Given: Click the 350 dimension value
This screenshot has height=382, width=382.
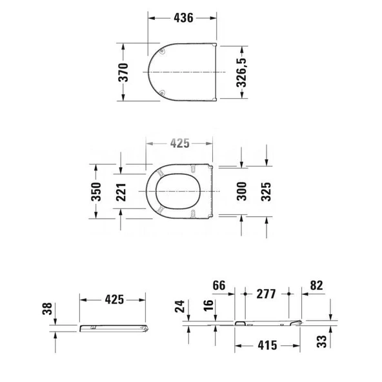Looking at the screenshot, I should (x=96, y=192).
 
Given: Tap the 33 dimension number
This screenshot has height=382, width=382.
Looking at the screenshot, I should (x=323, y=341).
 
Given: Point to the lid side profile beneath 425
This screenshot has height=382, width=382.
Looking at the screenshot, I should (x=115, y=328).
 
